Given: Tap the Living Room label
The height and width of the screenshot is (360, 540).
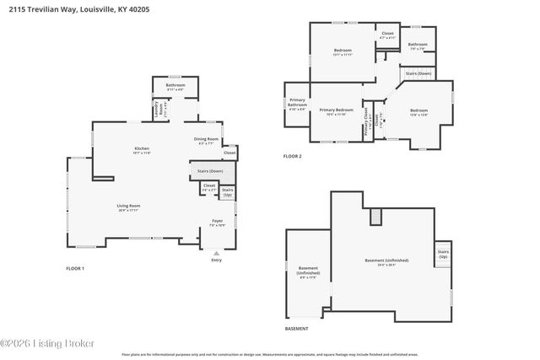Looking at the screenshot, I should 128,207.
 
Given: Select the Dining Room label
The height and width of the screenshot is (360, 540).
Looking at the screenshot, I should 207,141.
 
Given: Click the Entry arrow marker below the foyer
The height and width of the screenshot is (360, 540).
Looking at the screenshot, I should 217,251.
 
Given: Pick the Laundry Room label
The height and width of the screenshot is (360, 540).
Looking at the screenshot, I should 156,109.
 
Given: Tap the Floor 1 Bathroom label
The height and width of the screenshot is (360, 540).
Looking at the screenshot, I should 175,86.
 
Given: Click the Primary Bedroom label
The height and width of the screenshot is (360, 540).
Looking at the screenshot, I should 336,111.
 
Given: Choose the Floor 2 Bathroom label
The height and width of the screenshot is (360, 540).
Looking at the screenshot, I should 418,46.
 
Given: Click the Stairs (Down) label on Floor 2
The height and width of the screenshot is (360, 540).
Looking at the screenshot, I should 418,74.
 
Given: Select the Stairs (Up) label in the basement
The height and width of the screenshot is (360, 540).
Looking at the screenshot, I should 442,254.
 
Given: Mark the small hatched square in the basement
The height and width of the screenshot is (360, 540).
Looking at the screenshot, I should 376,217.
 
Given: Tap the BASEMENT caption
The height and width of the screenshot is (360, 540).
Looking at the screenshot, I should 296,328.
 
